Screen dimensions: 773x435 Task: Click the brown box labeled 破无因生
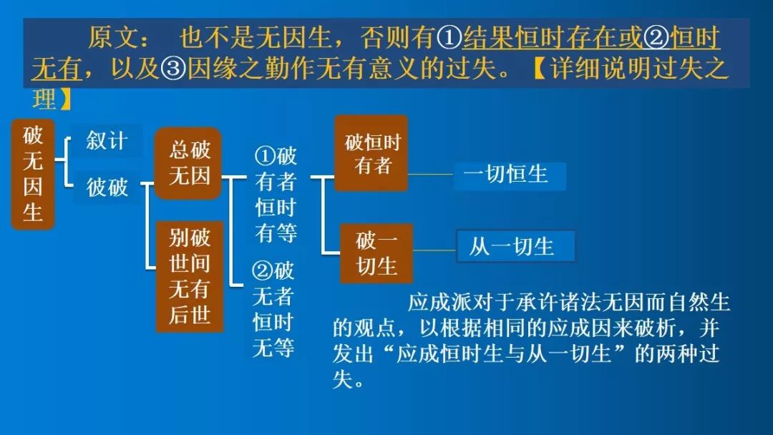point(32,175)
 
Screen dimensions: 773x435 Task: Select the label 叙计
point(107,141)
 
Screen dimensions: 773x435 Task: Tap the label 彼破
point(107,187)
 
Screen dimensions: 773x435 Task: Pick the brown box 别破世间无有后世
point(190,276)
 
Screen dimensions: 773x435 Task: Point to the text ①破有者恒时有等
point(276,194)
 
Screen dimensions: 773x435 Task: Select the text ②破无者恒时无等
point(273,309)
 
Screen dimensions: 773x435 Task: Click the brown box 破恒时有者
point(371,153)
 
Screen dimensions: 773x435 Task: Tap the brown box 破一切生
point(376,254)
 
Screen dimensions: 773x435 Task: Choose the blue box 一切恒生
point(510,175)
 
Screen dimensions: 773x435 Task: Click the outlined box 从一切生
point(515,246)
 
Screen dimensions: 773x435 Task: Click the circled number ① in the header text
point(449,38)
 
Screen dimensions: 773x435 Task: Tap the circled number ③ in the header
point(172,68)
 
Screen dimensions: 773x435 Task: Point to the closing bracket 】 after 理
point(65,99)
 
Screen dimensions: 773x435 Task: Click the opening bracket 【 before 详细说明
point(540,68)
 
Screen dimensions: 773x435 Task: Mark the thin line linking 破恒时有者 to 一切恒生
point(430,175)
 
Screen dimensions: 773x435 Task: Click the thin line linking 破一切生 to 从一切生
point(434,250)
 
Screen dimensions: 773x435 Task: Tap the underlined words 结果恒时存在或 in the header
point(553,38)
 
